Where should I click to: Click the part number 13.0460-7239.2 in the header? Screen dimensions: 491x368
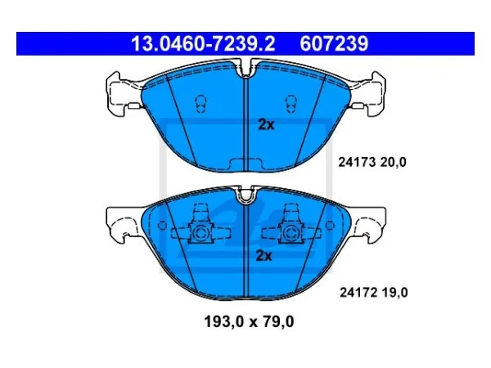click(x=203, y=43)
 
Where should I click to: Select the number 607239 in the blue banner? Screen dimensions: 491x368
click(x=334, y=43)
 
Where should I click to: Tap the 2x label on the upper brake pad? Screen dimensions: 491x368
click(x=266, y=124)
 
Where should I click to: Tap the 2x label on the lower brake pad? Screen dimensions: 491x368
click(x=264, y=256)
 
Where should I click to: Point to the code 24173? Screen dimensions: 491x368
click(x=357, y=162)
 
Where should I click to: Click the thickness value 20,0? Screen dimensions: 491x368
click(x=394, y=162)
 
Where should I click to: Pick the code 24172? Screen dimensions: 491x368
click(x=358, y=293)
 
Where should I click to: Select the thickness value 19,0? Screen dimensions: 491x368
click(x=395, y=293)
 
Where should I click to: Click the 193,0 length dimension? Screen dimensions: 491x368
click(x=224, y=321)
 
